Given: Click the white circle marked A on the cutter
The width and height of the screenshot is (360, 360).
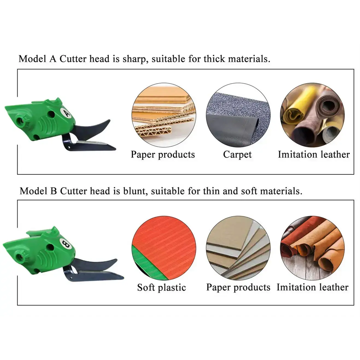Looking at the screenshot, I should click(66, 112).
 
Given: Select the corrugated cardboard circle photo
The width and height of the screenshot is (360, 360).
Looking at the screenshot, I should click(164, 115).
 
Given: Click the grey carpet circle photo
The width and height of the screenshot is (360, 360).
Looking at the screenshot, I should click(238, 115).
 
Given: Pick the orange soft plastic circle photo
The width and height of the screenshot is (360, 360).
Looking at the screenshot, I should click(164, 248).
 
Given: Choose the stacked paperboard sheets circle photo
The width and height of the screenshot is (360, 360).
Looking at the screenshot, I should click(238, 248).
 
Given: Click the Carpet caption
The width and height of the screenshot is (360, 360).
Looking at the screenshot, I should click(237, 155).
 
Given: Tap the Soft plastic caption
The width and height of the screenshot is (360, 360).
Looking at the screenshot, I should click(162, 288).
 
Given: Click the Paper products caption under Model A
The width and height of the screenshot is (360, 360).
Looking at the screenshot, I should click(163, 155).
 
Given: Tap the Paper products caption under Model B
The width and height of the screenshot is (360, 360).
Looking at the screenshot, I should click(238, 288).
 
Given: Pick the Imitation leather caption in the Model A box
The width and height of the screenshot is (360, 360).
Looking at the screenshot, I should click(314, 155).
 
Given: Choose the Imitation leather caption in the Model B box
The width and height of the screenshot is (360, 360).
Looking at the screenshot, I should click(312, 288).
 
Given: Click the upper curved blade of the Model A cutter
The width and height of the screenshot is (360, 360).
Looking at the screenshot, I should click(93, 127).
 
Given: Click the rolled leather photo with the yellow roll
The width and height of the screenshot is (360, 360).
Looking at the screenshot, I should click(312, 115).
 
